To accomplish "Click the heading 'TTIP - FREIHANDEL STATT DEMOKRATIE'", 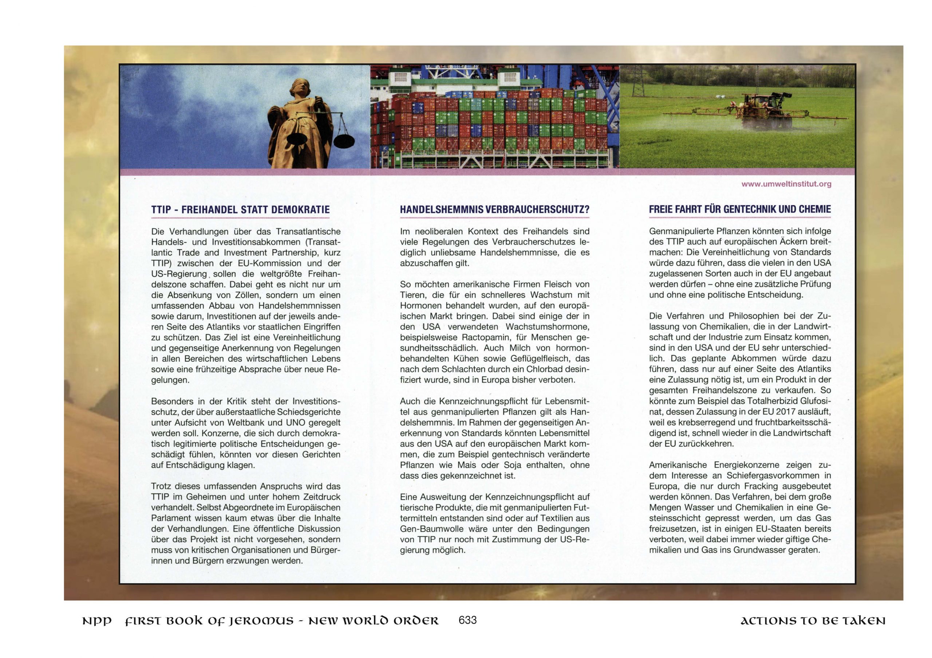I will tap(240, 210).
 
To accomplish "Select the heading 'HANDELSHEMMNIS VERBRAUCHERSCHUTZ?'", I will tap(494, 210).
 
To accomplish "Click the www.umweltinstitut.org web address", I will tap(786, 184).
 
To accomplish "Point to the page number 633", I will tap(467, 620).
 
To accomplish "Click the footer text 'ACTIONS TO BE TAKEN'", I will tap(813, 621).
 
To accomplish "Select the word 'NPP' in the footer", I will tap(96, 622).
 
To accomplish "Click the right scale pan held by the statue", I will tap(343, 141).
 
